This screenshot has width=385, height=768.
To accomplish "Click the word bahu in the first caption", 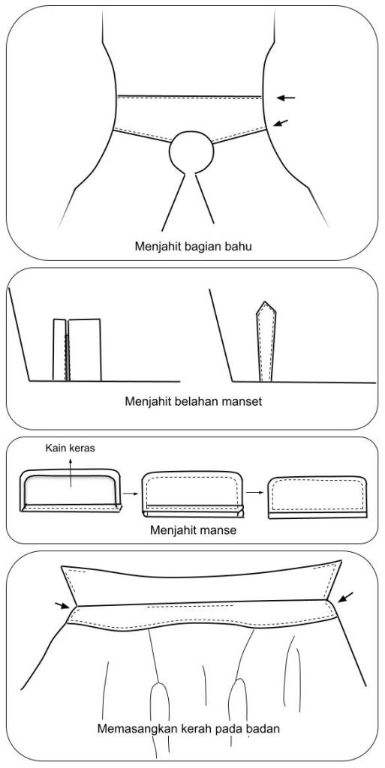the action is [x=240, y=247].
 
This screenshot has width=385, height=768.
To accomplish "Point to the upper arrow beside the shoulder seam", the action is [x=286, y=98].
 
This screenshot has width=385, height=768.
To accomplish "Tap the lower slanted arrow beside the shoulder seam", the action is [x=281, y=122].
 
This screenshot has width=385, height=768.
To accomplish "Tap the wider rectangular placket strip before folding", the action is [x=85, y=349].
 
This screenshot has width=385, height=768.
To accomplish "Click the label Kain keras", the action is [x=70, y=448].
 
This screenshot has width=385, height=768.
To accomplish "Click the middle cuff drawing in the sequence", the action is [x=192, y=494].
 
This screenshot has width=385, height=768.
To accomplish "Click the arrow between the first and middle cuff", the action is [x=130, y=493].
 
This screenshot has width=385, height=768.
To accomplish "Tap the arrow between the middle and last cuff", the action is [x=253, y=492].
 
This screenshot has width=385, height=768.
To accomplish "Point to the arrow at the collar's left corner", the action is [x=62, y=606].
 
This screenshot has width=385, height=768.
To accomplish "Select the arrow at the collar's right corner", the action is [x=345, y=596].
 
